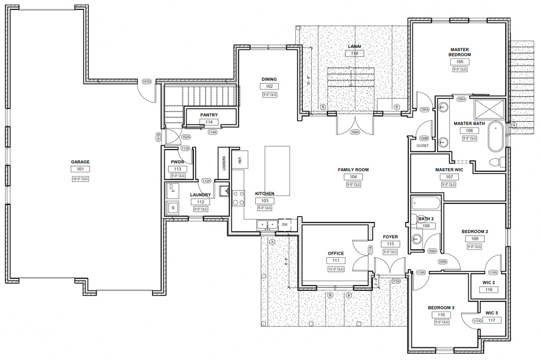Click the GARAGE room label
pyautogui.click(x=81, y=162)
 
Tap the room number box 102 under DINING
pyautogui.click(x=269, y=86)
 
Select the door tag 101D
pyautogui.click(x=147, y=82)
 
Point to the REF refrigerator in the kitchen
pyautogui.click(x=240, y=159)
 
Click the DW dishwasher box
pyautogui.click(x=285, y=224)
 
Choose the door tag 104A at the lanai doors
pyautogui.click(x=354, y=132)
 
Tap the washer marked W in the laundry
pyautogui.click(x=172, y=208)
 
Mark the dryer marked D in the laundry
pyautogui.click(x=172, y=190)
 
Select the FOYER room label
pyautogui.click(x=390, y=237)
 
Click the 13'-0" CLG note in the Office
pyautogui.click(x=336, y=269)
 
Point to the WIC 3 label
pyautogui.click(x=491, y=313)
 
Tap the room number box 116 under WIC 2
pyautogui.click(x=489, y=290)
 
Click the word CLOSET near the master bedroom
pyautogui.click(x=423, y=145)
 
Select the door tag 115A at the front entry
pyautogui.click(x=396, y=281)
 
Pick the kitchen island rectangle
pyautogui.click(x=277, y=170)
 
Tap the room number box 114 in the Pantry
pyautogui.click(x=209, y=122)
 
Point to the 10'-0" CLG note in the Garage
pyautogui.click(x=81, y=179)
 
